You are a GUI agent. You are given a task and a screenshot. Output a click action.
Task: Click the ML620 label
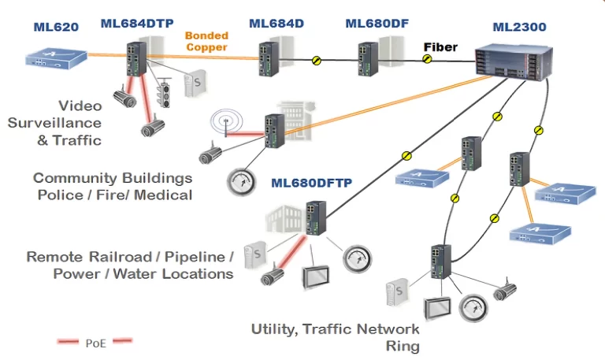(56, 27)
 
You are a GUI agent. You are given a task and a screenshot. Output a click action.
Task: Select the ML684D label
(277, 24)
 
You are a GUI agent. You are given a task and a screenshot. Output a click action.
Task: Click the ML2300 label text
(519, 28)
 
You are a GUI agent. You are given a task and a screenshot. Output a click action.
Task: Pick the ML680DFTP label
(311, 184)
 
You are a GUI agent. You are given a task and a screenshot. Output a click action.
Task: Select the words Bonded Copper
(206, 42)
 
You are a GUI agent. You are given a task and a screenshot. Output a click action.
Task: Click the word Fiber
(440, 47)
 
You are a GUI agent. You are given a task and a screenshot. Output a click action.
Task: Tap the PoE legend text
(94, 342)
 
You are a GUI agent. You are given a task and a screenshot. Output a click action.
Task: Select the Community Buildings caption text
(113, 186)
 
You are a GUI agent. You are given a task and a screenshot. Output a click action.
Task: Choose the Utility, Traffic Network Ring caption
(335, 337)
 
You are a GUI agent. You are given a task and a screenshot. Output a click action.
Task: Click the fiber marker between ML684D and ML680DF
(317, 60)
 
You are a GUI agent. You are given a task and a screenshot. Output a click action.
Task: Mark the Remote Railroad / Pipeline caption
(130, 265)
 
